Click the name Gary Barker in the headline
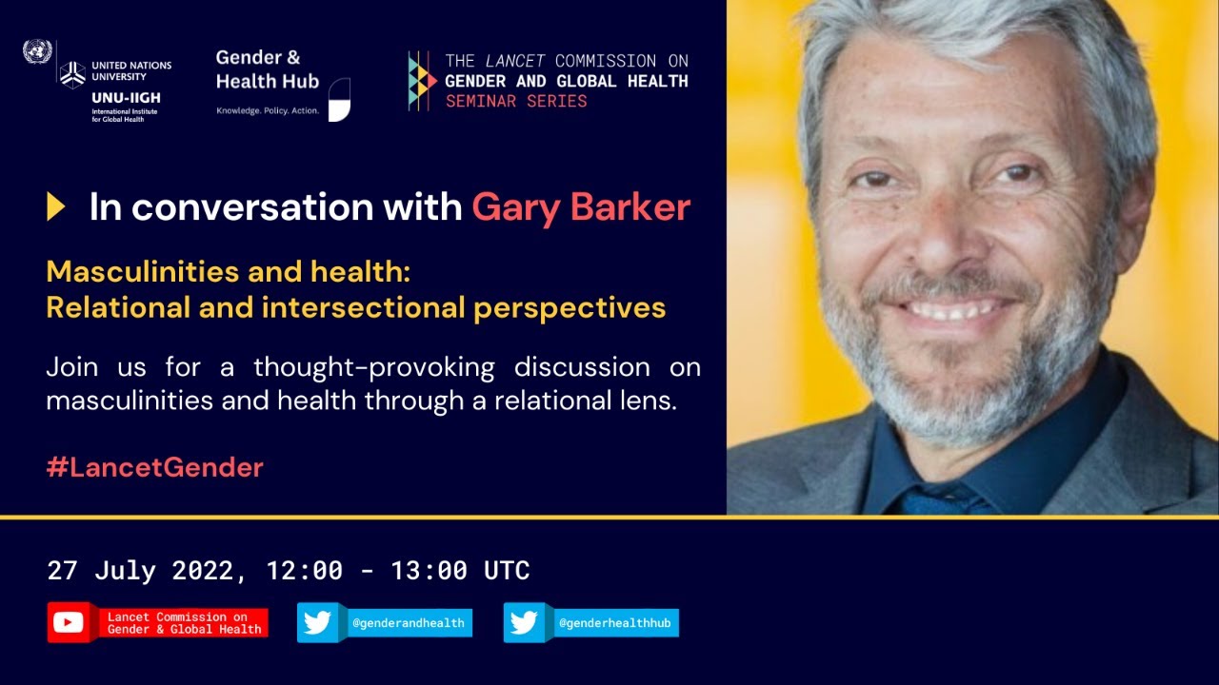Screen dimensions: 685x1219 (581, 206)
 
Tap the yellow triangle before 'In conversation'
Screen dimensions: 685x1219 (56, 206)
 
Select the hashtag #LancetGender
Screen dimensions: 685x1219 (154, 467)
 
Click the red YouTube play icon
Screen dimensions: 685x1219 (69, 623)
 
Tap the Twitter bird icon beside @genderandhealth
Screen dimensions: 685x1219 (317, 623)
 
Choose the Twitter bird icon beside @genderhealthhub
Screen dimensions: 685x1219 (524, 623)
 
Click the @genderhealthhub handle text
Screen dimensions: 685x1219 (617, 624)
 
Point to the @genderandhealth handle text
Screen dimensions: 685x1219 (409, 624)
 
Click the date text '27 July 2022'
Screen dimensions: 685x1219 (138, 571)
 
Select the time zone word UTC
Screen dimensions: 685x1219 (507, 571)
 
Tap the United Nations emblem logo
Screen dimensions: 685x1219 (37, 51)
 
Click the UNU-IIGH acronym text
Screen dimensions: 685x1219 (126, 98)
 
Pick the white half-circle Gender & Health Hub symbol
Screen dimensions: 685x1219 (339, 100)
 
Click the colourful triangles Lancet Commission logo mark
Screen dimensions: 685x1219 (421, 81)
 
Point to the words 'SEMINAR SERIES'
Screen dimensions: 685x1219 (516, 101)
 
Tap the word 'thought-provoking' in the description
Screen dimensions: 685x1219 (373, 366)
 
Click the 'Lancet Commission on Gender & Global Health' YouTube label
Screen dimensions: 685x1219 (184, 623)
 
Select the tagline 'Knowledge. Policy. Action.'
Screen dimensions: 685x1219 (268, 110)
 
